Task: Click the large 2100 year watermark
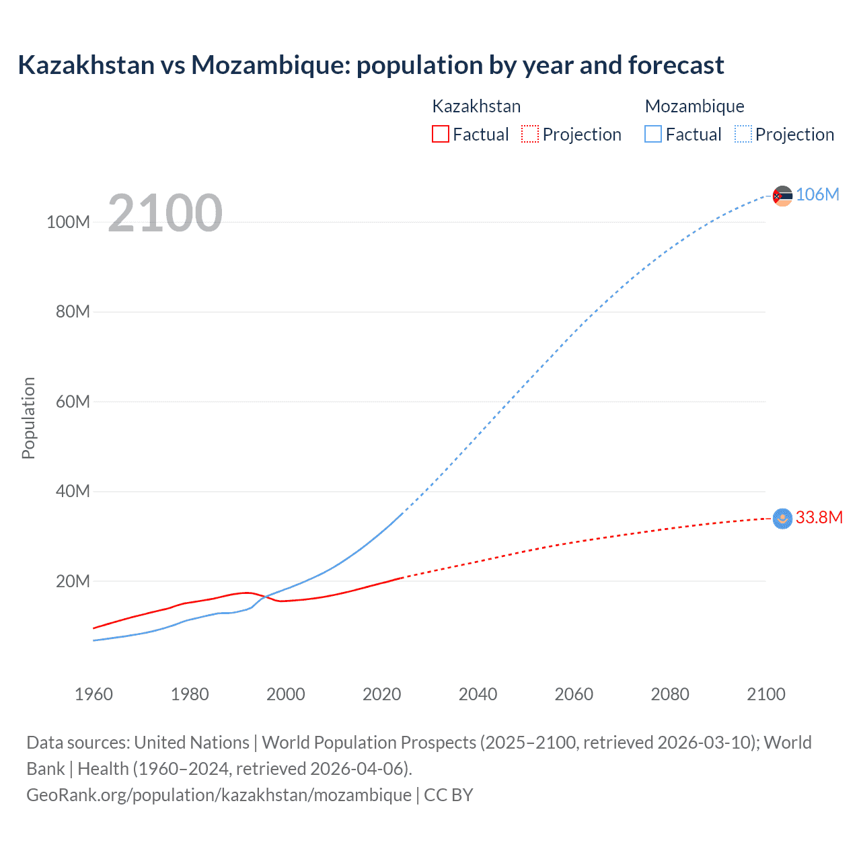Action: (x=165, y=213)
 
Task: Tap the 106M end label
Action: (x=817, y=194)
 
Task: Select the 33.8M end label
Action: (x=819, y=517)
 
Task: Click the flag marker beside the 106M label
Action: (x=782, y=196)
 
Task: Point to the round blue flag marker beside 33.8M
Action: (x=782, y=519)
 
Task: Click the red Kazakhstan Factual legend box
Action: (x=440, y=134)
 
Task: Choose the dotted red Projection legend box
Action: (x=530, y=134)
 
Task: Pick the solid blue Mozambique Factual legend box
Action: (x=652, y=134)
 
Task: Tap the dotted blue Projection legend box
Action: (x=743, y=134)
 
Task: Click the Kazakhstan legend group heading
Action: (x=476, y=106)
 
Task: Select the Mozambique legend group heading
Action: (x=694, y=106)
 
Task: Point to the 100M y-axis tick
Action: (x=68, y=223)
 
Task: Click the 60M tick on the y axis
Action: (x=73, y=402)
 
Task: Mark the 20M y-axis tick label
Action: (x=73, y=581)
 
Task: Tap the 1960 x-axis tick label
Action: (x=93, y=694)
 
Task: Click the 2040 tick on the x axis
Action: (x=478, y=694)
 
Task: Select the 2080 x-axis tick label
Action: (x=670, y=694)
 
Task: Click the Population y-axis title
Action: (x=28, y=418)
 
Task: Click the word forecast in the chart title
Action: (x=676, y=65)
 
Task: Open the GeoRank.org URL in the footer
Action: (x=219, y=795)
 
